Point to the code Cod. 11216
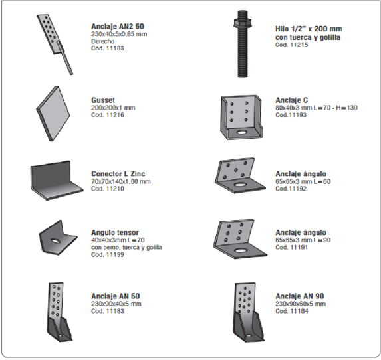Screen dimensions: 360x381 107,115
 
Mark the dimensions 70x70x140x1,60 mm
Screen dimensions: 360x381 120,181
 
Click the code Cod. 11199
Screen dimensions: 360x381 107,255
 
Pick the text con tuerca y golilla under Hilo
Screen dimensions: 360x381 307,37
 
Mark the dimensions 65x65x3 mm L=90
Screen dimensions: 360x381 301,240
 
